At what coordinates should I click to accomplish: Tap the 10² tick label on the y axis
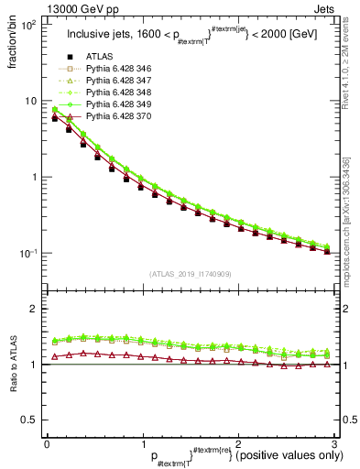[x=28, y=25]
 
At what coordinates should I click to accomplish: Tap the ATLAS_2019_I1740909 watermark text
[x=191, y=275]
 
